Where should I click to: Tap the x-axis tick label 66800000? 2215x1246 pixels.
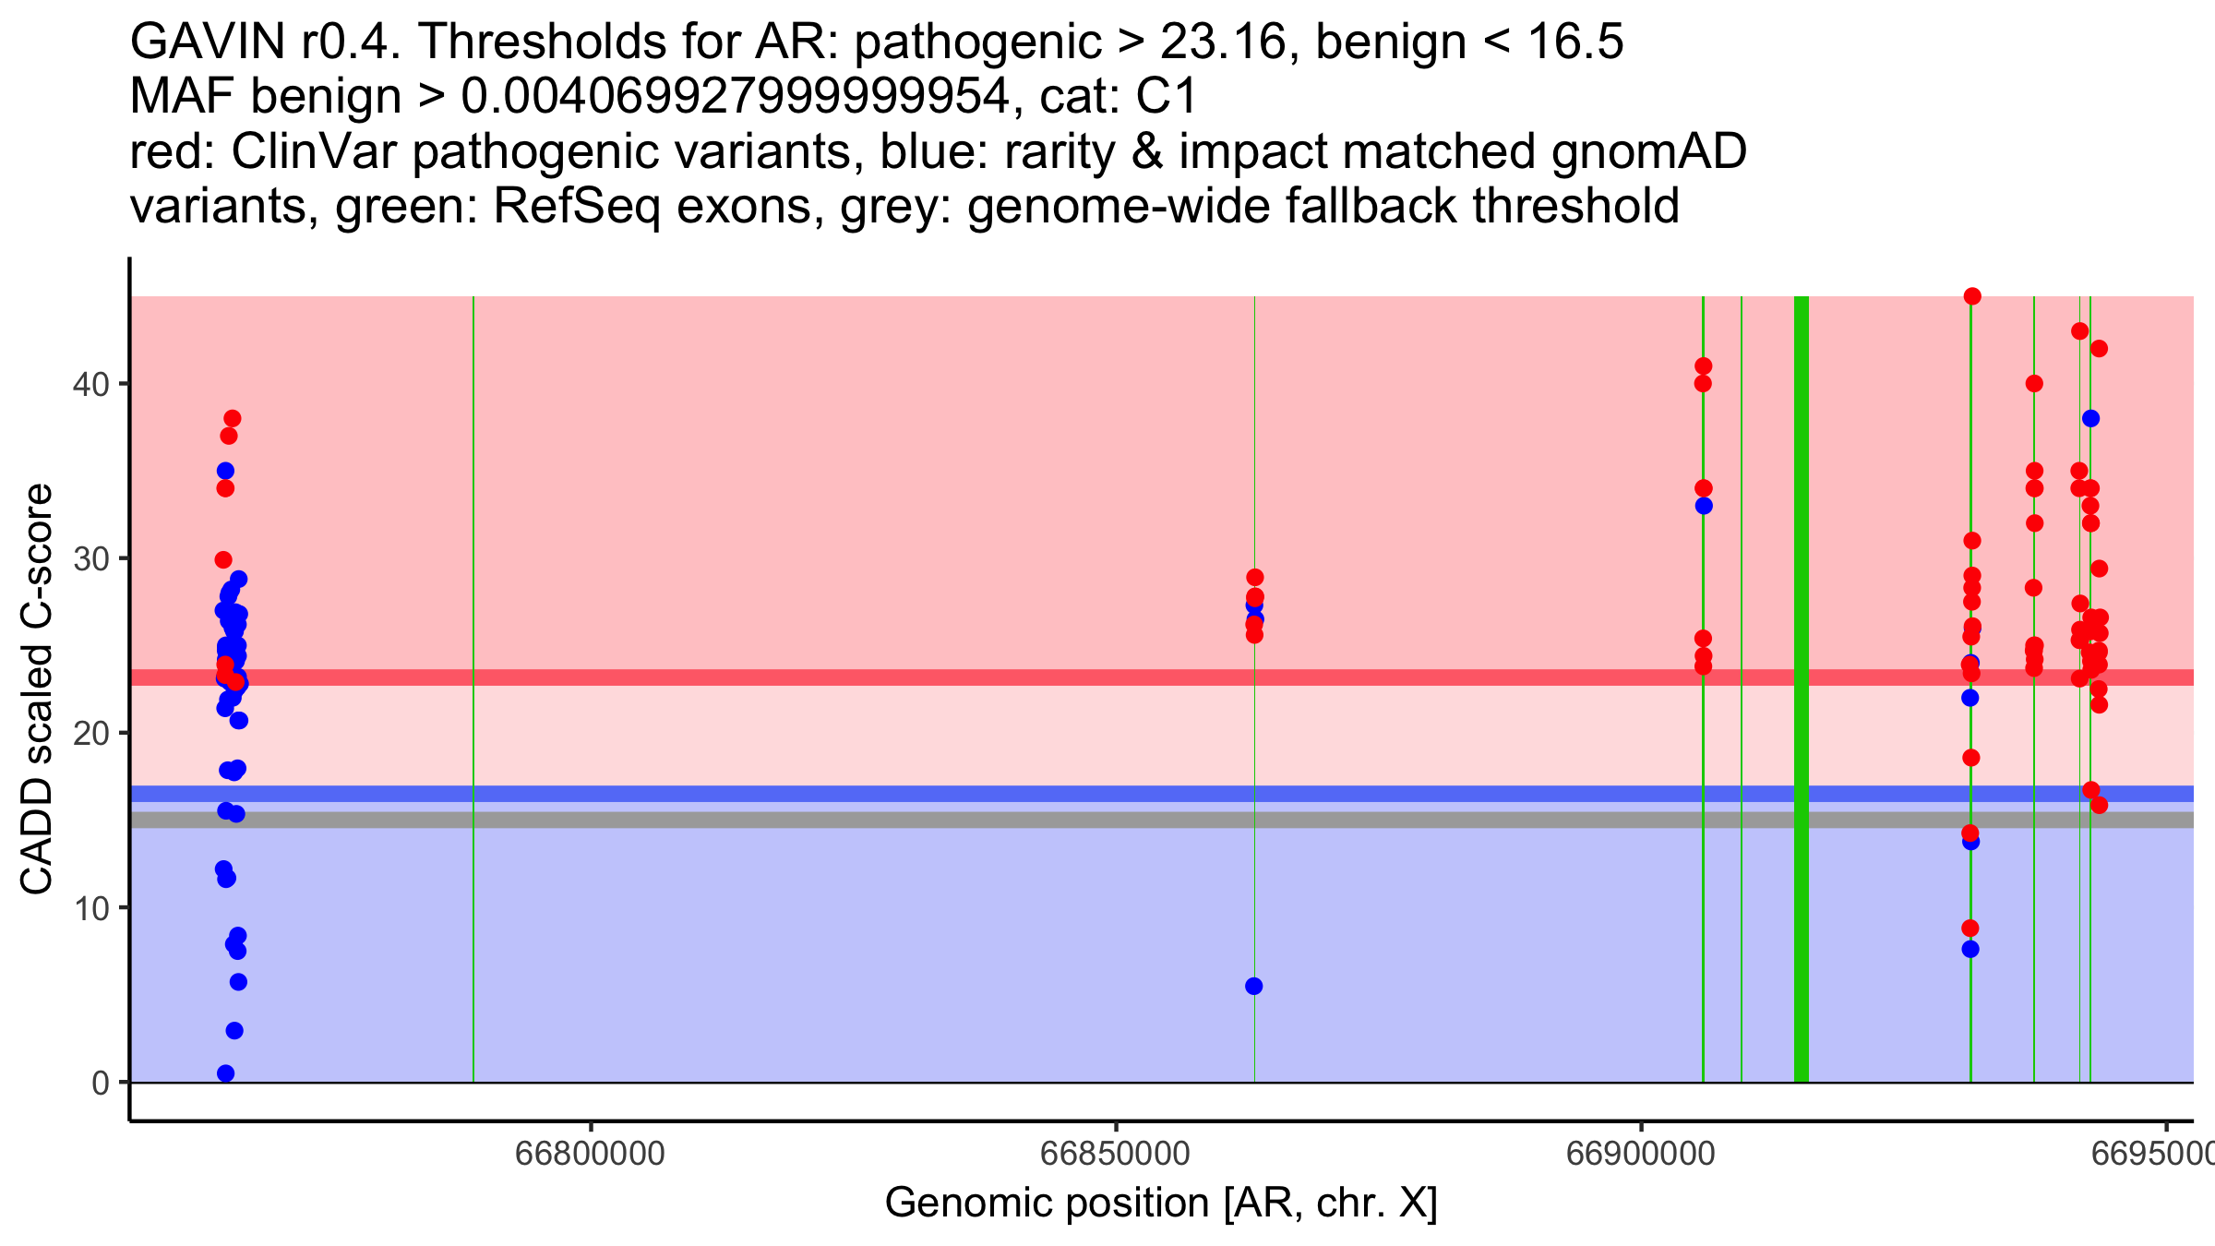coord(590,1154)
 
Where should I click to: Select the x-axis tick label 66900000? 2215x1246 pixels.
coord(1640,1154)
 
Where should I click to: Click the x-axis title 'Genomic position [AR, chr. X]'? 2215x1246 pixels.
coord(1161,1204)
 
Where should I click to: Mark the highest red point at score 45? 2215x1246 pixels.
coord(1972,296)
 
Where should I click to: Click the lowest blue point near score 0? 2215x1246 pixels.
coord(225,1073)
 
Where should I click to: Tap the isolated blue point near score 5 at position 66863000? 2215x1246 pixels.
coord(1253,986)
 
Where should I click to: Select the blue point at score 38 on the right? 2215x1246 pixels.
coord(2090,419)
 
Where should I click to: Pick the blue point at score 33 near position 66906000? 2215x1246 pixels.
coord(1704,506)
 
